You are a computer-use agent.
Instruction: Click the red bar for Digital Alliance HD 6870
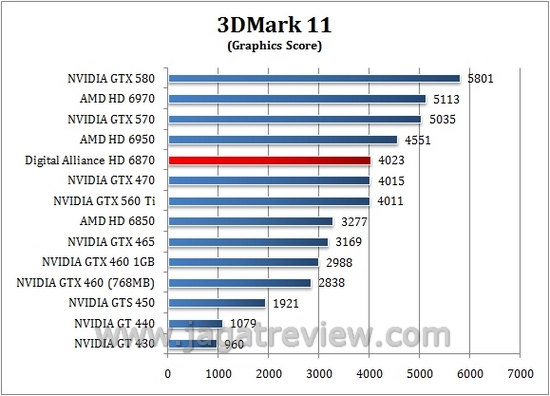[269, 160]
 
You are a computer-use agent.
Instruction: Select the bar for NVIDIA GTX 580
[314, 78]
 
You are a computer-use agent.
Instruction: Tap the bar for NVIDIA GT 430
[192, 344]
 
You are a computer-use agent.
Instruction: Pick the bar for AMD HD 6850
[250, 221]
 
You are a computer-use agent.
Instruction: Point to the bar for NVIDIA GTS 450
[216, 303]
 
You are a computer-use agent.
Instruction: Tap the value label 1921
[287, 303]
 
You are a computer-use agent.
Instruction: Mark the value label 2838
[333, 283]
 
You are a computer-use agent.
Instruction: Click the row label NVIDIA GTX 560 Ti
[107, 201]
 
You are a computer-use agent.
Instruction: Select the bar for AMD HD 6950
[283, 139]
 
